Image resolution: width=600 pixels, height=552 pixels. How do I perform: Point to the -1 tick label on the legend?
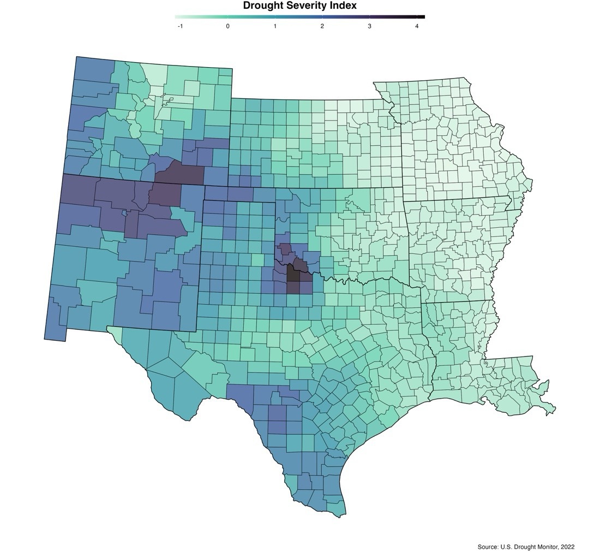(180, 26)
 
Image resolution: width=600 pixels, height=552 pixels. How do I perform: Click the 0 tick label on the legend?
(227, 26)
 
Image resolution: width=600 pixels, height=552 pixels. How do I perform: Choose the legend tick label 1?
(275, 26)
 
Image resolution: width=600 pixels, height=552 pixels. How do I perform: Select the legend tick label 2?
(322, 26)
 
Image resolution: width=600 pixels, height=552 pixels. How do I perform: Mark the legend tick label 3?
(369, 26)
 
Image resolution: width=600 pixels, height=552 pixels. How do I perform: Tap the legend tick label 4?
(417, 26)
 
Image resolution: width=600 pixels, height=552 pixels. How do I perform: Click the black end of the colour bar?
(421, 17)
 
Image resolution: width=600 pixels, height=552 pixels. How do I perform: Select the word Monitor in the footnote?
(545, 547)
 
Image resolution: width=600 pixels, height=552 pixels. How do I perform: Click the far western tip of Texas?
(109, 328)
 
